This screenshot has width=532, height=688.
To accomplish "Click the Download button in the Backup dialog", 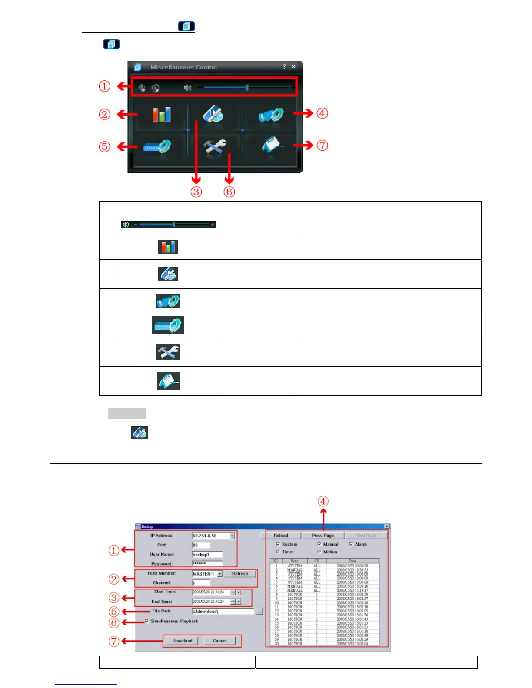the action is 182,641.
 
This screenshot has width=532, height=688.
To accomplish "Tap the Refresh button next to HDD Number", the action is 240,574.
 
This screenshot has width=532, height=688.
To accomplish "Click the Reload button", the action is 281,536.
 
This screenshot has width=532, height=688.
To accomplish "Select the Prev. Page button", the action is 323,536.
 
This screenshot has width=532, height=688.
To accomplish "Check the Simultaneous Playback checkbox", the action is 147,621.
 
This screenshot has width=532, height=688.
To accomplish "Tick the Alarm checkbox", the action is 351,544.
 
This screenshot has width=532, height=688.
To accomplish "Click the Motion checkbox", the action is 319,552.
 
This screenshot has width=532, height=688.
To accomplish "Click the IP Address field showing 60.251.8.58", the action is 211,536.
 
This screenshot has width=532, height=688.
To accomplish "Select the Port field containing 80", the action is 201,545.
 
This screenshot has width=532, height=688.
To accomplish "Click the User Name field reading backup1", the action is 207,555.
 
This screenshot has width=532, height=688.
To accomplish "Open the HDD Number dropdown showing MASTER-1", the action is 220,574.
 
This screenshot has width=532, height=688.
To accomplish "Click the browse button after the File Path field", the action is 259,612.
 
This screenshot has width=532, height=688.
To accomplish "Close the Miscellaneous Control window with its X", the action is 293,66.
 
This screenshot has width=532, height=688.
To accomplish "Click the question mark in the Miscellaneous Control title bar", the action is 284,66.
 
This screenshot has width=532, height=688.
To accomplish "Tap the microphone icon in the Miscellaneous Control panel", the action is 142,88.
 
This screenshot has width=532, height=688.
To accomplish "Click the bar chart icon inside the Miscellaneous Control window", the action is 161,114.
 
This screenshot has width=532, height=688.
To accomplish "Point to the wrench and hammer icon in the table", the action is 168,352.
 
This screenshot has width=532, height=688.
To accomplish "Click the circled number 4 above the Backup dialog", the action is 323,502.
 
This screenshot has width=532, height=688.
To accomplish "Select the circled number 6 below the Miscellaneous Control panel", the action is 229,192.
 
